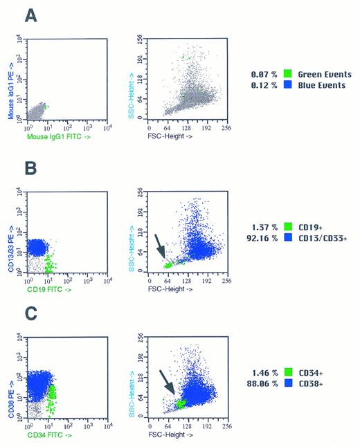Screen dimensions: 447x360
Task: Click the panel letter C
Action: (30, 315)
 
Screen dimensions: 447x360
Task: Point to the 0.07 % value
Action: (264, 73)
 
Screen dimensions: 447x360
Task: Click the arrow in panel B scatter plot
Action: (160, 246)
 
